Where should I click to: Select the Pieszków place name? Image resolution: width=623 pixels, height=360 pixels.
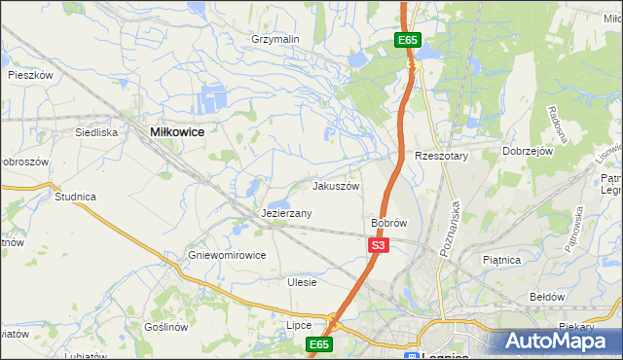29,75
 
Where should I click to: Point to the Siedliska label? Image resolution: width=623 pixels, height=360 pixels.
97,131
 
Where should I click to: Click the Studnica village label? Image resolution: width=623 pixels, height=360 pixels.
75,197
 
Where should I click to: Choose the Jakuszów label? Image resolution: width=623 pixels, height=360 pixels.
336,186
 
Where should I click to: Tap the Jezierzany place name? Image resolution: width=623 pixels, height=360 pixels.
286,213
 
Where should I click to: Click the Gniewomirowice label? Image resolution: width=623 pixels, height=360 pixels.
227,255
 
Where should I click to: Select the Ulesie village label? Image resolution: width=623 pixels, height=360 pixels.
303,282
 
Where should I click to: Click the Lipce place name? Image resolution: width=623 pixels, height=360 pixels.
298,325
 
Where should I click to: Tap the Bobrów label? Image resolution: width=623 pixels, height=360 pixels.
388,223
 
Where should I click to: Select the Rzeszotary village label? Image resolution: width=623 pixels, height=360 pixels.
442,156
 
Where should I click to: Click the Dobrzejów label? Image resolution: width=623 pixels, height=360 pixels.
528,152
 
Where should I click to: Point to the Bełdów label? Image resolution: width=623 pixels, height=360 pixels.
546,296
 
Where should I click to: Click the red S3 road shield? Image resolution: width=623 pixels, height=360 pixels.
379,246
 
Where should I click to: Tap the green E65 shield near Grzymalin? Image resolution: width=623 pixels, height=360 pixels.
408,40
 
